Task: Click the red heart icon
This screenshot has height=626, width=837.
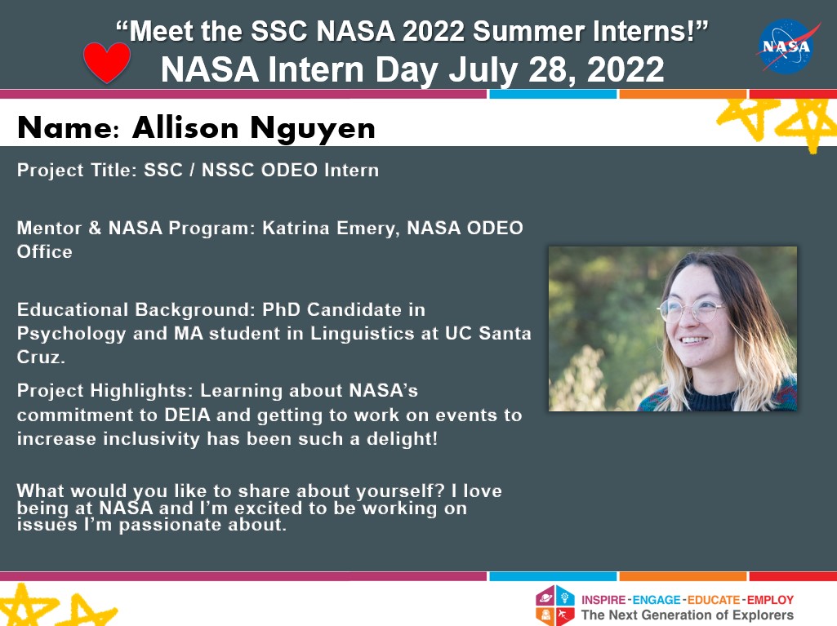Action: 107,62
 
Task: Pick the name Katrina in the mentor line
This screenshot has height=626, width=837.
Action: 296,228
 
